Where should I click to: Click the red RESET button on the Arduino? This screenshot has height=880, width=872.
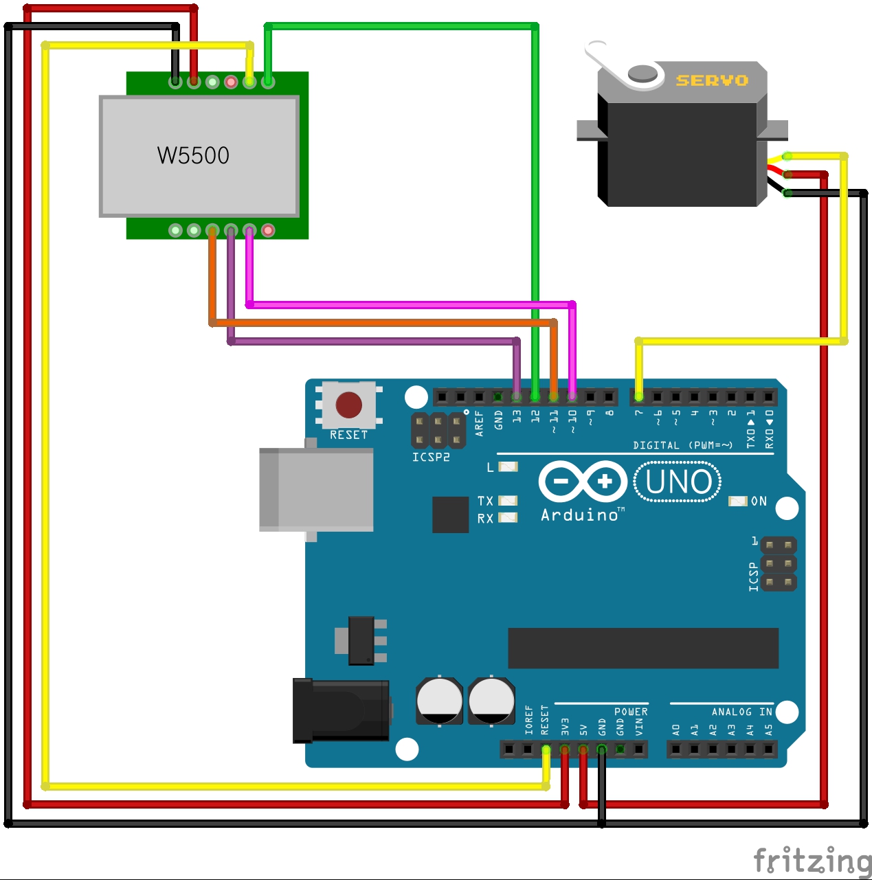[348, 405]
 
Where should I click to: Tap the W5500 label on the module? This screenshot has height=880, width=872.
[193, 155]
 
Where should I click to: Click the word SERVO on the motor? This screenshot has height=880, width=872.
[712, 80]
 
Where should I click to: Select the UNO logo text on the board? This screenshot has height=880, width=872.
[678, 482]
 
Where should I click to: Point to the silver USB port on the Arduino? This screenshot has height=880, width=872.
[316, 489]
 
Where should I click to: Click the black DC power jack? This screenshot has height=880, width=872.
[341, 710]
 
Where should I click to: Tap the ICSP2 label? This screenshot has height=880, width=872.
[431, 457]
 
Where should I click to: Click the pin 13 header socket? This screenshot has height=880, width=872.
[517, 397]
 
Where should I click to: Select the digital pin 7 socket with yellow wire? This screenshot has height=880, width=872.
[639, 397]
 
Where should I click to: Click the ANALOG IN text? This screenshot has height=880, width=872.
[741, 712]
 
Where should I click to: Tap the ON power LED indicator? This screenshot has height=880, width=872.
[737, 501]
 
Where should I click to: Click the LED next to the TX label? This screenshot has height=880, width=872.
[508, 500]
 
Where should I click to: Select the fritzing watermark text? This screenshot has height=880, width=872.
[812, 859]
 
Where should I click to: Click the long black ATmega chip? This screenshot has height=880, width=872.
[643, 647]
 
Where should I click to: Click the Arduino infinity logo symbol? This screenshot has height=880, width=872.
[583, 481]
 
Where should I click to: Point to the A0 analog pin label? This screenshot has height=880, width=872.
[676, 730]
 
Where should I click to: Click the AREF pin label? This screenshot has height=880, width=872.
[480, 423]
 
